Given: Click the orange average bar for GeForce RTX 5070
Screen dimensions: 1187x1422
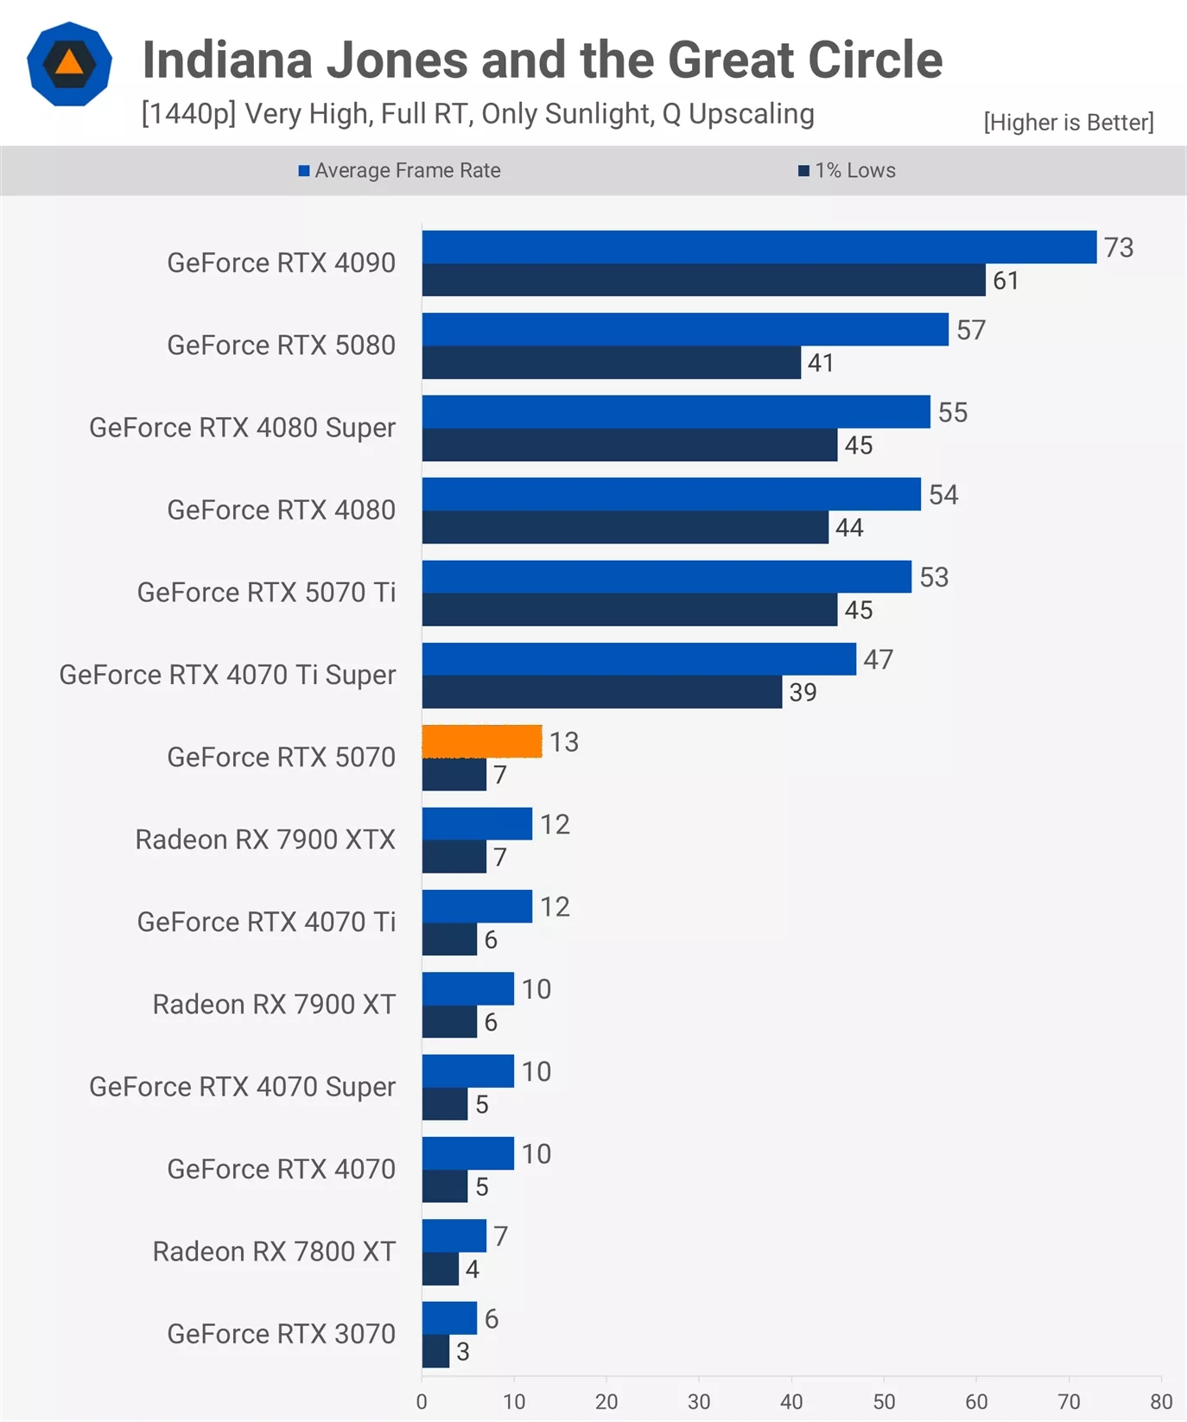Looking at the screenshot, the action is (482, 741).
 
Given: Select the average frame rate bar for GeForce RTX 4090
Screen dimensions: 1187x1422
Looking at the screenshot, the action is (759, 247).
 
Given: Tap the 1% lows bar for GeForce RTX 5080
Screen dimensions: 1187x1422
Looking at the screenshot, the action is (612, 363).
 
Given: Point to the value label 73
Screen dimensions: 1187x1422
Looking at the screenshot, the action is (1119, 248).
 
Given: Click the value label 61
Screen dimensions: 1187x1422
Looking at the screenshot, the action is (1006, 281).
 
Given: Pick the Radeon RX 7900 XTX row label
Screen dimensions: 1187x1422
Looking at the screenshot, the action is (265, 839).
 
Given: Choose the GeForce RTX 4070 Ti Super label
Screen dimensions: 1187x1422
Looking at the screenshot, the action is (227, 675).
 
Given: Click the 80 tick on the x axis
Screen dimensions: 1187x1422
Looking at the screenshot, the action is (1161, 1401).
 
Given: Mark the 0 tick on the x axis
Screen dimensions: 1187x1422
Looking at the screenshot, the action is (422, 1401).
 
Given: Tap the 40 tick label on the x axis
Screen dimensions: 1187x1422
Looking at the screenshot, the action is (791, 1401).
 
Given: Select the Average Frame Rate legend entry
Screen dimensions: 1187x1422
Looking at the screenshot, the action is (399, 170).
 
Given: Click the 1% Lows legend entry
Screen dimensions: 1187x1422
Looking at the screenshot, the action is (847, 170).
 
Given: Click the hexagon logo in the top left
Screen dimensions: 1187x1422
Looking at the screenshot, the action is (69, 64).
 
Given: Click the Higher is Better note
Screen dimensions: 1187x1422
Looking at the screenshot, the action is (1069, 122).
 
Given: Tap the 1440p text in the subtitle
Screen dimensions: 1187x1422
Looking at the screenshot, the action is (188, 113).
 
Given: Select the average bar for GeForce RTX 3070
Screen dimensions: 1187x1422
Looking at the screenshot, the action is (449, 1317).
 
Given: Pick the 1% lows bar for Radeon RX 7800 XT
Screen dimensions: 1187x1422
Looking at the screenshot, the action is (441, 1268).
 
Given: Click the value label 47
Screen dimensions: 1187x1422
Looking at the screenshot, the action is (878, 659).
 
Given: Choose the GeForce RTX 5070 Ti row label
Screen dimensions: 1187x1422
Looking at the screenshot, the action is (266, 592).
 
